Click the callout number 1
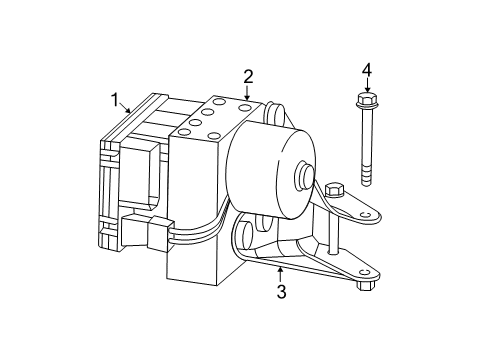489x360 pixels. pyautogui.click(x=116, y=100)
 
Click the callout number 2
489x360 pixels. pyautogui.click(x=247, y=75)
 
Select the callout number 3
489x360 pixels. pyautogui.click(x=281, y=292)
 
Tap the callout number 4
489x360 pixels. pyautogui.click(x=366, y=70)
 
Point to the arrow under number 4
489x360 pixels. pyautogui.click(x=366, y=86)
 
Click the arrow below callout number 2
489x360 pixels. pyautogui.click(x=247, y=92)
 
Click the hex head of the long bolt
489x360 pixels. pyautogui.click(x=366, y=101)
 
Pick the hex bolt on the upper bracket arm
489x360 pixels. pyautogui.click(x=334, y=189)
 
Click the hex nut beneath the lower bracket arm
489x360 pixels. pyautogui.click(x=363, y=285)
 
